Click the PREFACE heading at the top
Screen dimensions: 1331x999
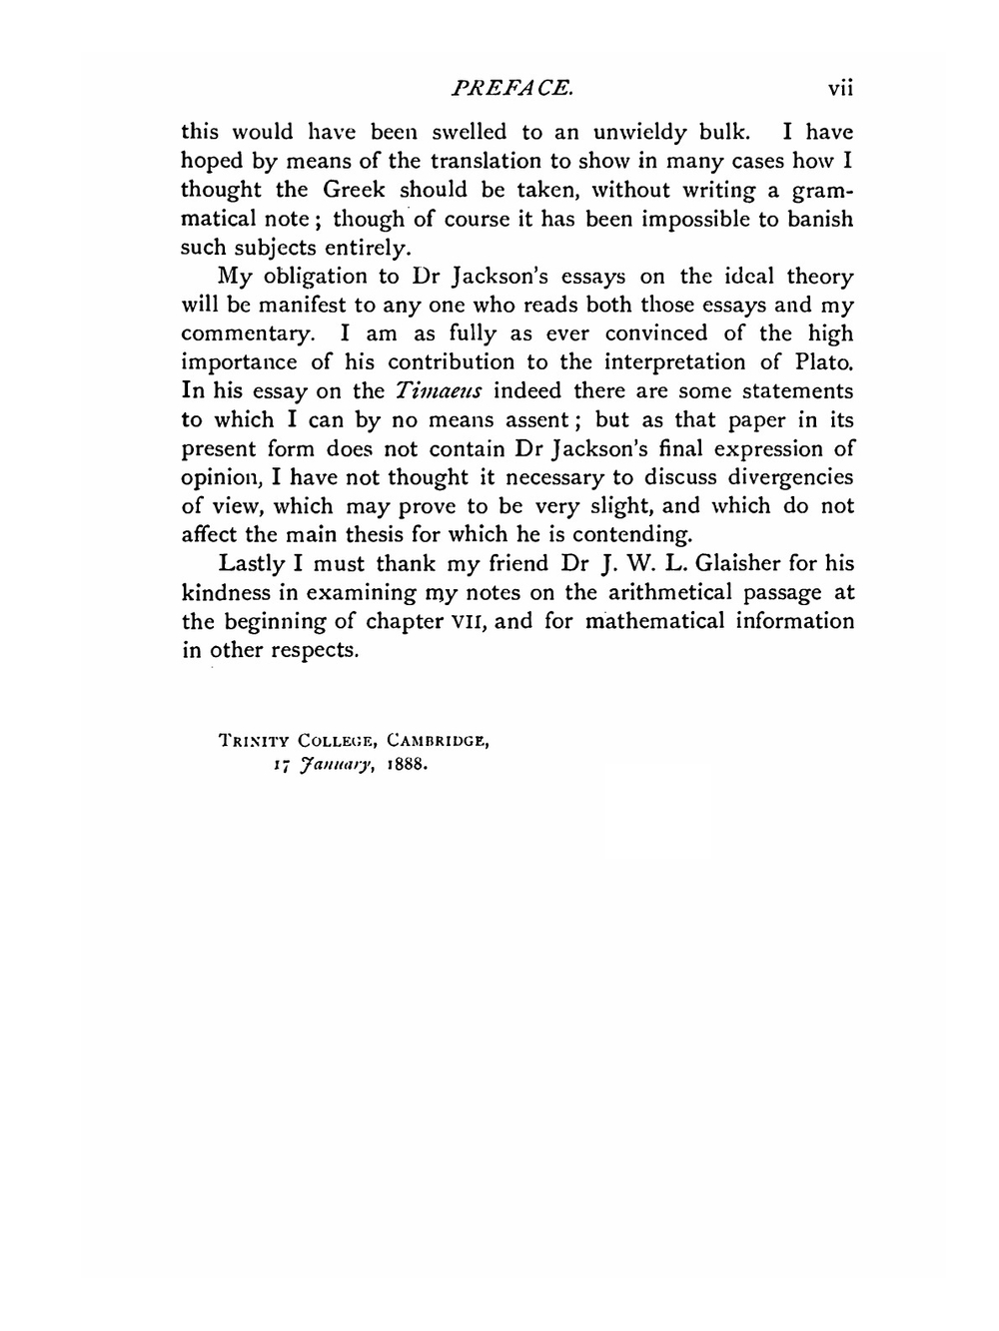(512, 88)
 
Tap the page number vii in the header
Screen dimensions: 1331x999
(840, 88)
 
